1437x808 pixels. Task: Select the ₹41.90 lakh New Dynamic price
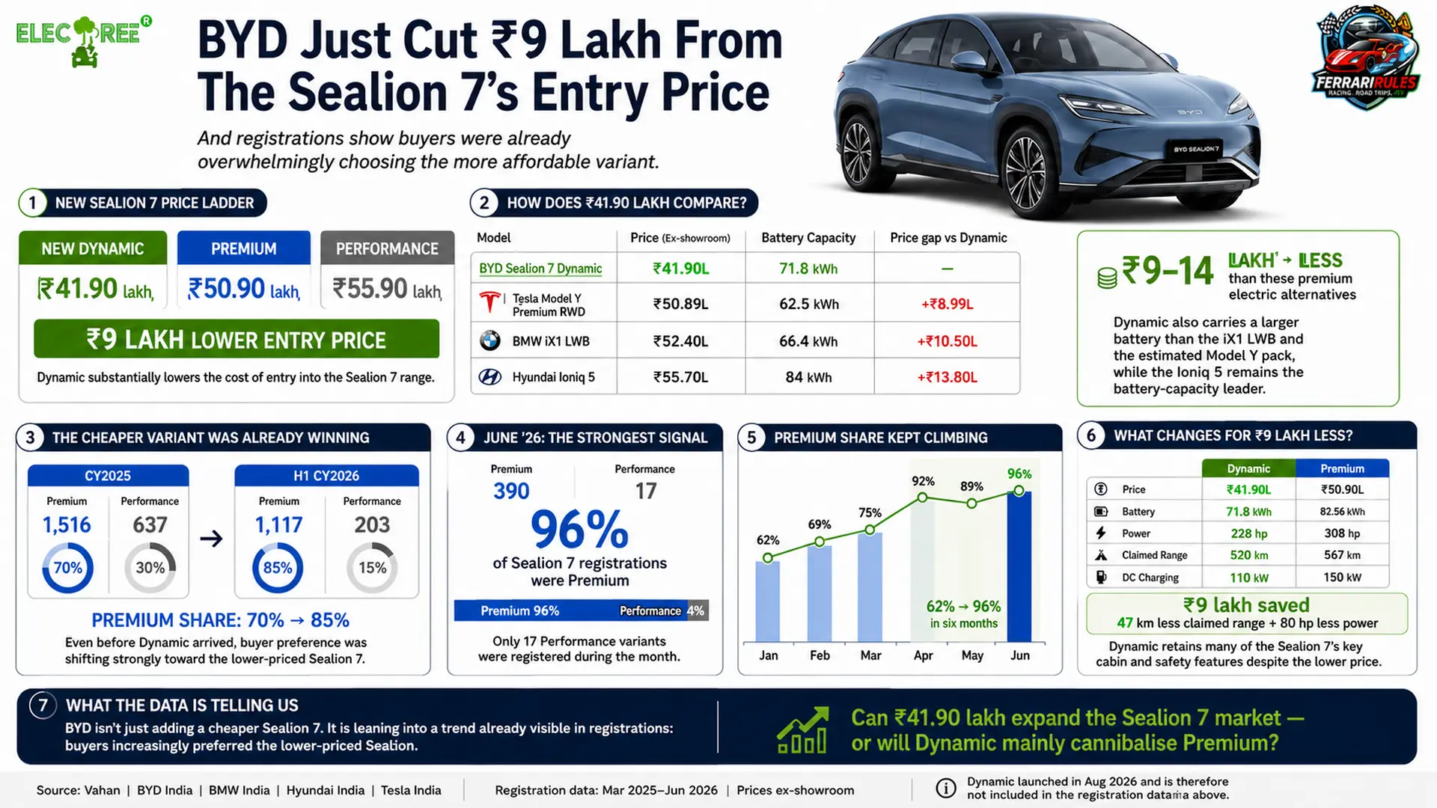(x=95, y=289)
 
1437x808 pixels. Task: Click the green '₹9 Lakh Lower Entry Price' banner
(x=237, y=339)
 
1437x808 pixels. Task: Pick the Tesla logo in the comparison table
(x=489, y=303)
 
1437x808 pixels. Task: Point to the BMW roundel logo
(x=490, y=340)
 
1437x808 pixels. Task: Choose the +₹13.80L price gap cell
(x=947, y=377)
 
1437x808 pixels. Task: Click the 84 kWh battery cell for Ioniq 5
(x=808, y=377)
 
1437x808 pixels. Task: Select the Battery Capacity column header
(x=808, y=238)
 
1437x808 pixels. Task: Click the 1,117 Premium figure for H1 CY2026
(x=278, y=525)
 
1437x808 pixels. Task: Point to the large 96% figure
(x=579, y=530)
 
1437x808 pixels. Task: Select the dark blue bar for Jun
(x=1019, y=566)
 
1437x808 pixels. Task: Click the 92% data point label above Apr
(x=923, y=481)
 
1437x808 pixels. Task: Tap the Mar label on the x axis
(x=870, y=655)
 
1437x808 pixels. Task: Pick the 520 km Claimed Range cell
(x=1248, y=555)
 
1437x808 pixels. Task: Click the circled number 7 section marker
(x=43, y=706)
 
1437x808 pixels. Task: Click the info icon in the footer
(x=946, y=789)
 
